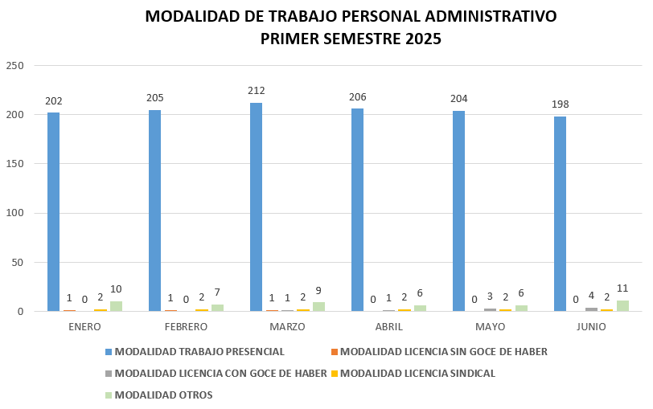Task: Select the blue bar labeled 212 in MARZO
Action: pyautogui.click(x=256, y=207)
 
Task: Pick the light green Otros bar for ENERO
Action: pyautogui.click(x=116, y=306)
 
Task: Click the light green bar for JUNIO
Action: pyautogui.click(x=622, y=305)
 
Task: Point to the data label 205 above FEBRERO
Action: pyautogui.click(x=155, y=98)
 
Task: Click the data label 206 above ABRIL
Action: pyautogui.click(x=358, y=97)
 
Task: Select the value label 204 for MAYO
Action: pyautogui.click(x=459, y=99)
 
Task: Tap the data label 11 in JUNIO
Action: pyautogui.click(x=622, y=288)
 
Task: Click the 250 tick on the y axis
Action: pyautogui.click(x=15, y=65)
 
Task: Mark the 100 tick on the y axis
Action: pyautogui.click(x=15, y=213)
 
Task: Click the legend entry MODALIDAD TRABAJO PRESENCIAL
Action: pyautogui.click(x=199, y=352)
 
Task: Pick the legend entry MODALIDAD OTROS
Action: pyautogui.click(x=163, y=395)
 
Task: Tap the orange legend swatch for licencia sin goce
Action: pyautogui.click(x=334, y=352)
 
